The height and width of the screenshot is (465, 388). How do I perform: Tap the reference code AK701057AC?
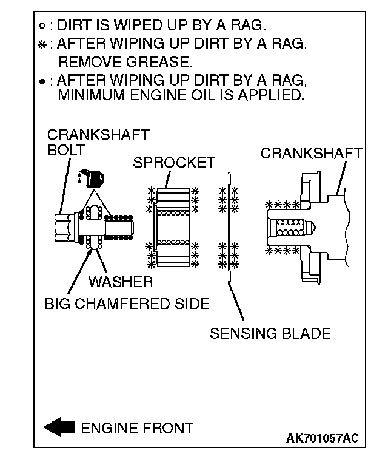pos(323,438)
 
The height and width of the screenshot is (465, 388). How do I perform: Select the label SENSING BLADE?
pos(270,333)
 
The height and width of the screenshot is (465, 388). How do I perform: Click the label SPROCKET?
pos(174,163)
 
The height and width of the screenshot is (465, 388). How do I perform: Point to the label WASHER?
pos(120,282)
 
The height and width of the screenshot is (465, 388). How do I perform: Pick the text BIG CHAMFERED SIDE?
pos(127,303)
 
